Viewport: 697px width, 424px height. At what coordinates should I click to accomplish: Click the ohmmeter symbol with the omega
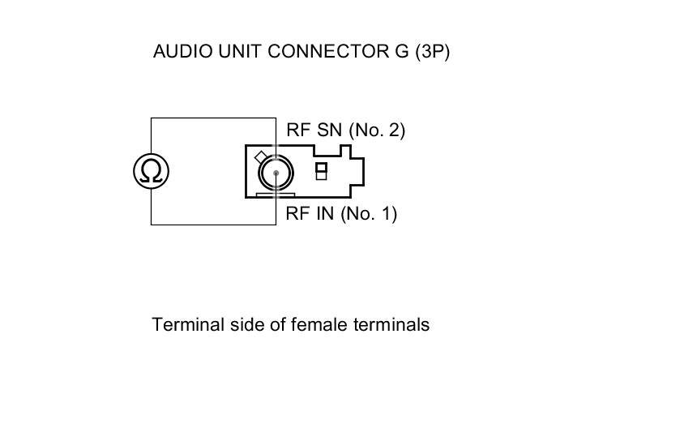(152, 171)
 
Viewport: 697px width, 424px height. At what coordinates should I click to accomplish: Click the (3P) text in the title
(432, 51)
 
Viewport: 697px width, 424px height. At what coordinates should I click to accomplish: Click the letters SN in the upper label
(330, 130)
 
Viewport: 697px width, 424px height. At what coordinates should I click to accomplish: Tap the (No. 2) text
(377, 130)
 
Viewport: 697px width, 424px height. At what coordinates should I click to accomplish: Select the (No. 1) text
(369, 214)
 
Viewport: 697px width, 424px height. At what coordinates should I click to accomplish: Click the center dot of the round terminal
(276, 172)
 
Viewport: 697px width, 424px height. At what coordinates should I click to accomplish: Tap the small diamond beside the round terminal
(261, 157)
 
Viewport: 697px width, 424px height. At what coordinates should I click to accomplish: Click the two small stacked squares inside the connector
(321, 171)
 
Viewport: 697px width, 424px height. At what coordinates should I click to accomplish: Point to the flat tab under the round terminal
(275, 195)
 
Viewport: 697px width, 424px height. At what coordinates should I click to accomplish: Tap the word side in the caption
(236, 325)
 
